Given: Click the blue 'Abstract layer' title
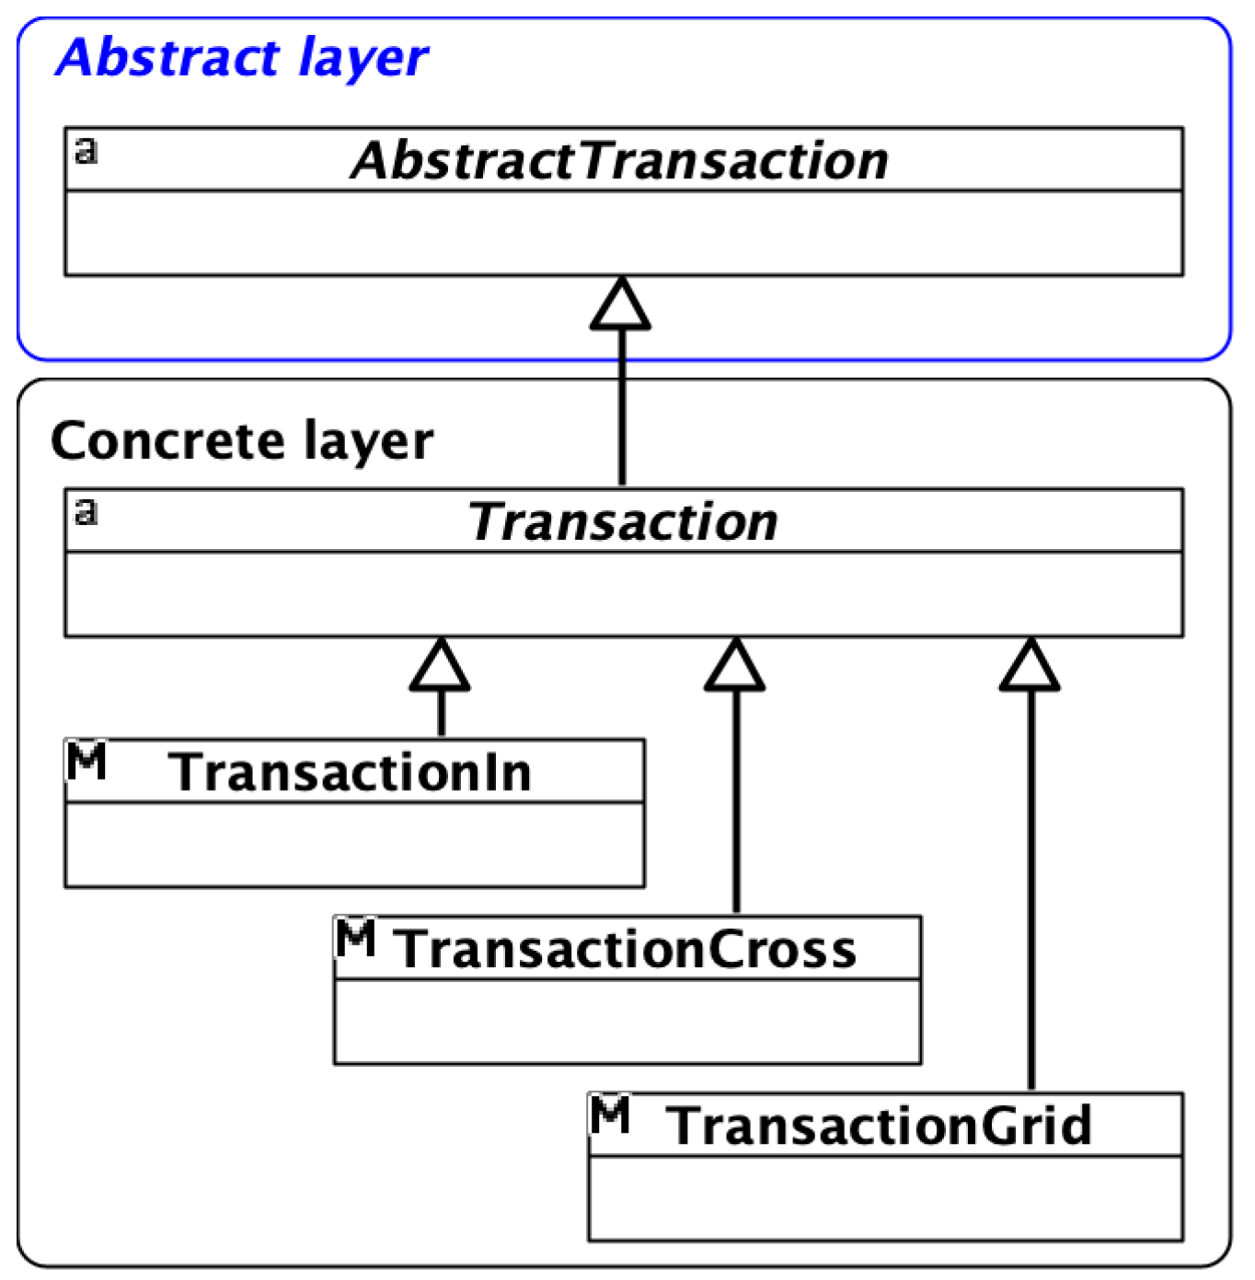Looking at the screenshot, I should coord(241,59).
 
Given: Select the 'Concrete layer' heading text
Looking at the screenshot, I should coord(241,441).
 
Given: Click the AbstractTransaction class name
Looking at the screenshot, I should coord(620,161).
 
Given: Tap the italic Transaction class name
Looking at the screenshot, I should coord(623,521).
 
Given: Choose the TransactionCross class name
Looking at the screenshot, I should coord(626,949).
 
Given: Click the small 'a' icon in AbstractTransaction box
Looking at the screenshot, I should coord(86,149).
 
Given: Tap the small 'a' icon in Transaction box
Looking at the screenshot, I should coord(86,510).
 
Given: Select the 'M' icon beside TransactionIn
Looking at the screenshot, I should coord(87,760).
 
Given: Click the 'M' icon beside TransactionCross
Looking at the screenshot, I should coord(355,937).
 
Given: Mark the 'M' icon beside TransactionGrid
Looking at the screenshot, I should coord(610,1114).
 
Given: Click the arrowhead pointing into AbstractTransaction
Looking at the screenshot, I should coord(621,305).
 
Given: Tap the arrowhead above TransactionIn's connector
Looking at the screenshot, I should coord(441,666).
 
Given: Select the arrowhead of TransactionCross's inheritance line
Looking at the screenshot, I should coord(735,666).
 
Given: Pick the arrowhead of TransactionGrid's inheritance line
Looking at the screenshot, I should coord(1030,666).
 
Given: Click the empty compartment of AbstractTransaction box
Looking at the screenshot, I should coord(623,233).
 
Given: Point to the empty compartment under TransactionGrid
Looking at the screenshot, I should coord(884,1198).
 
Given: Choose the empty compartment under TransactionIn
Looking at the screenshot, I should coord(354,844).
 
